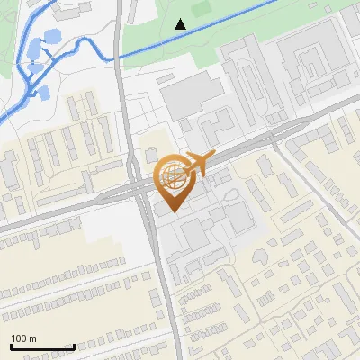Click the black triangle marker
click(x=181, y=24)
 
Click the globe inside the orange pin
click(x=171, y=175)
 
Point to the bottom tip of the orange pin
click(x=172, y=211)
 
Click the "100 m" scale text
click(x=24, y=337)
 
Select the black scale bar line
click(x=42, y=346)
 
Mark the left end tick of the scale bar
click(x=11, y=346)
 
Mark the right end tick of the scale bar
click(x=74, y=346)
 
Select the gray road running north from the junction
click(x=127, y=108)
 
